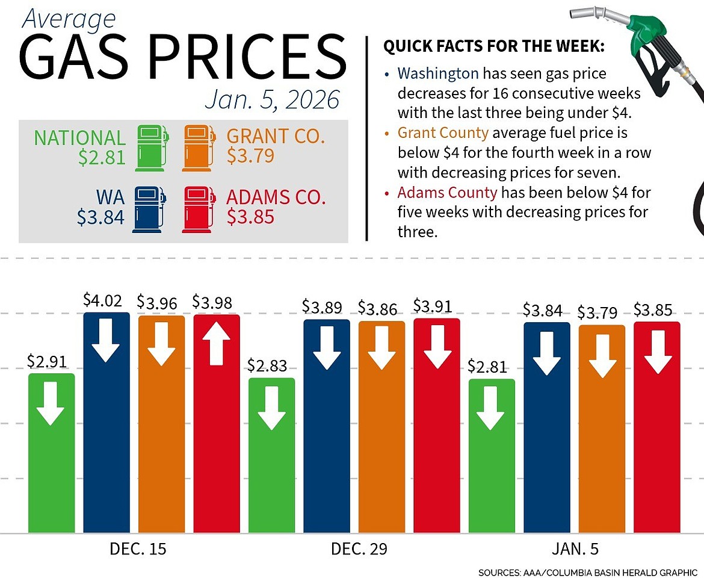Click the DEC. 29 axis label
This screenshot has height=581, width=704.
359,550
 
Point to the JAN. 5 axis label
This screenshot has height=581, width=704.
575,550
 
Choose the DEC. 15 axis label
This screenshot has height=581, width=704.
138,550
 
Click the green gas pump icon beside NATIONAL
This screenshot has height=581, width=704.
150,148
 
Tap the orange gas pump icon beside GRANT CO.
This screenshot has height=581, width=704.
198,148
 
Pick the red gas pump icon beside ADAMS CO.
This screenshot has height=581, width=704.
198,209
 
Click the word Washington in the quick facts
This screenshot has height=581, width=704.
438,74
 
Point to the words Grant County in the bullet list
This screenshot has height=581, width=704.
446,132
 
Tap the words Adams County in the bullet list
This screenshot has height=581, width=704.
447,193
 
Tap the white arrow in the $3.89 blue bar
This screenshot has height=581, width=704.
327,347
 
